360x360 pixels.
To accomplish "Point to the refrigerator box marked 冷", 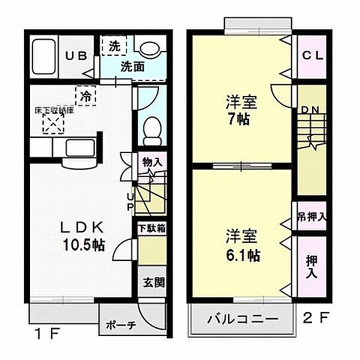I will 86,95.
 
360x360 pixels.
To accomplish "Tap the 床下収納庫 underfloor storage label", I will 53,110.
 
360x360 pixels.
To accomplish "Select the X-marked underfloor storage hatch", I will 53,124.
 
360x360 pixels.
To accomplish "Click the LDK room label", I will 84,228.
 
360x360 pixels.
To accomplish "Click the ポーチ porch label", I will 121,325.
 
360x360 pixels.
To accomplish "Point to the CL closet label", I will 312,56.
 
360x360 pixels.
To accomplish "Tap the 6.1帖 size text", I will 243,255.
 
